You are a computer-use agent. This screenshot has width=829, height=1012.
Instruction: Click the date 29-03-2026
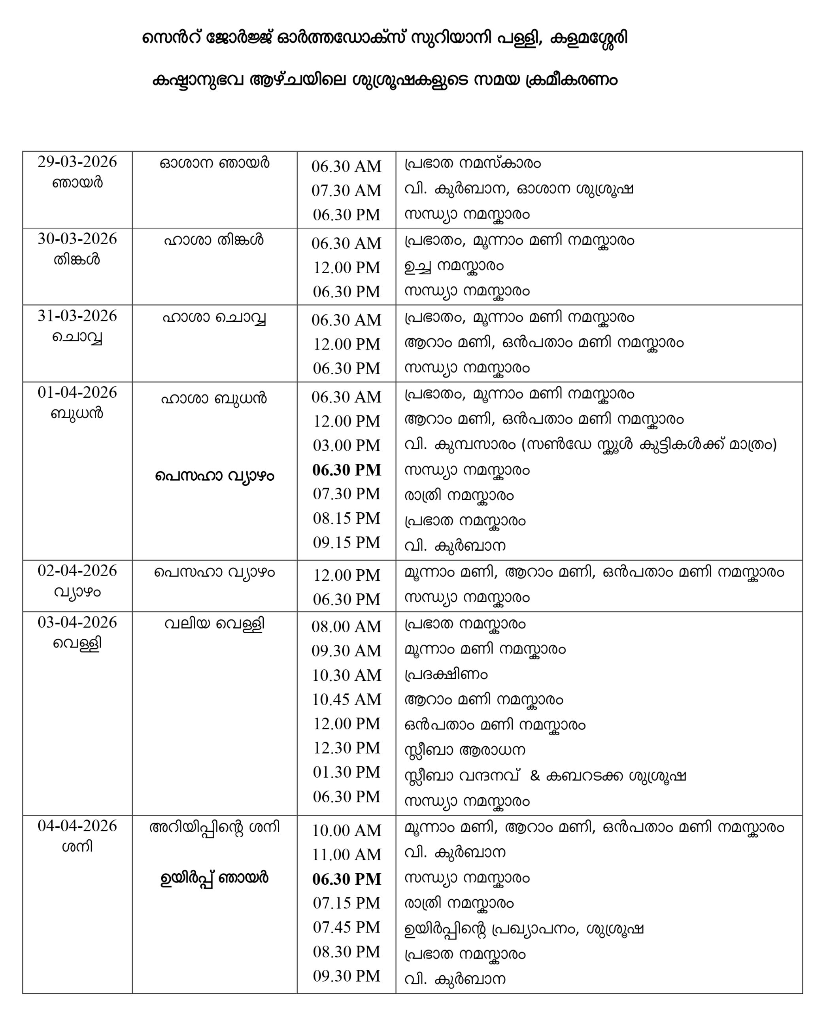tap(77, 162)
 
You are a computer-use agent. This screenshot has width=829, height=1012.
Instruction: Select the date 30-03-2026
tap(77, 239)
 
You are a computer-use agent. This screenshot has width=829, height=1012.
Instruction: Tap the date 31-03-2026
tap(77, 316)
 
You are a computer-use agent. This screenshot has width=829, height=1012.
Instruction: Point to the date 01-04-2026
tap(77, 393)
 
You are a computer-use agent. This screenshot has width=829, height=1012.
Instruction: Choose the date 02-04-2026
tap(77, 571)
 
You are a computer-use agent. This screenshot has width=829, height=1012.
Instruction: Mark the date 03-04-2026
tap(77, 622)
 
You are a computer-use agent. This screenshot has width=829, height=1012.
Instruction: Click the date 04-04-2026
tap(77, 826)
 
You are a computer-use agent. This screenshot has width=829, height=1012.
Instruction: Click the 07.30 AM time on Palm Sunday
tap(346, 191)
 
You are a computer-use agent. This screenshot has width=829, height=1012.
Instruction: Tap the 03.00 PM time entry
tap(346, 446)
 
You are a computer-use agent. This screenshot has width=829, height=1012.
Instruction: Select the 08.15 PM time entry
tap(346, 518)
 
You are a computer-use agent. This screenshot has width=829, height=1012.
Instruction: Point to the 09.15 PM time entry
tap(346, 542)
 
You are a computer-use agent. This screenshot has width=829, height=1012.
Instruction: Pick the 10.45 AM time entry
tap(346, 700)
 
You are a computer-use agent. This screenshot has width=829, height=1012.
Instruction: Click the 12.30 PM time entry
tap(346, 748)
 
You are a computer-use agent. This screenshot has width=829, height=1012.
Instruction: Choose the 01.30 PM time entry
tap(346, 772)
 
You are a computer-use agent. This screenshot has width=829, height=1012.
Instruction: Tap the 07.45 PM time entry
tap(346, 927)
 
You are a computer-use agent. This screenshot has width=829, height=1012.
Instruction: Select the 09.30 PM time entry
tap(346, 976)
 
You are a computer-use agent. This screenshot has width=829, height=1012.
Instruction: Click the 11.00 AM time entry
tap(346, 854)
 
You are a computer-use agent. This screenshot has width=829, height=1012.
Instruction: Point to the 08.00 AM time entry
tap(346, 627)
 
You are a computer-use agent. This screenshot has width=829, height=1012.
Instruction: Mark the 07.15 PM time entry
tap(346, 903)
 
